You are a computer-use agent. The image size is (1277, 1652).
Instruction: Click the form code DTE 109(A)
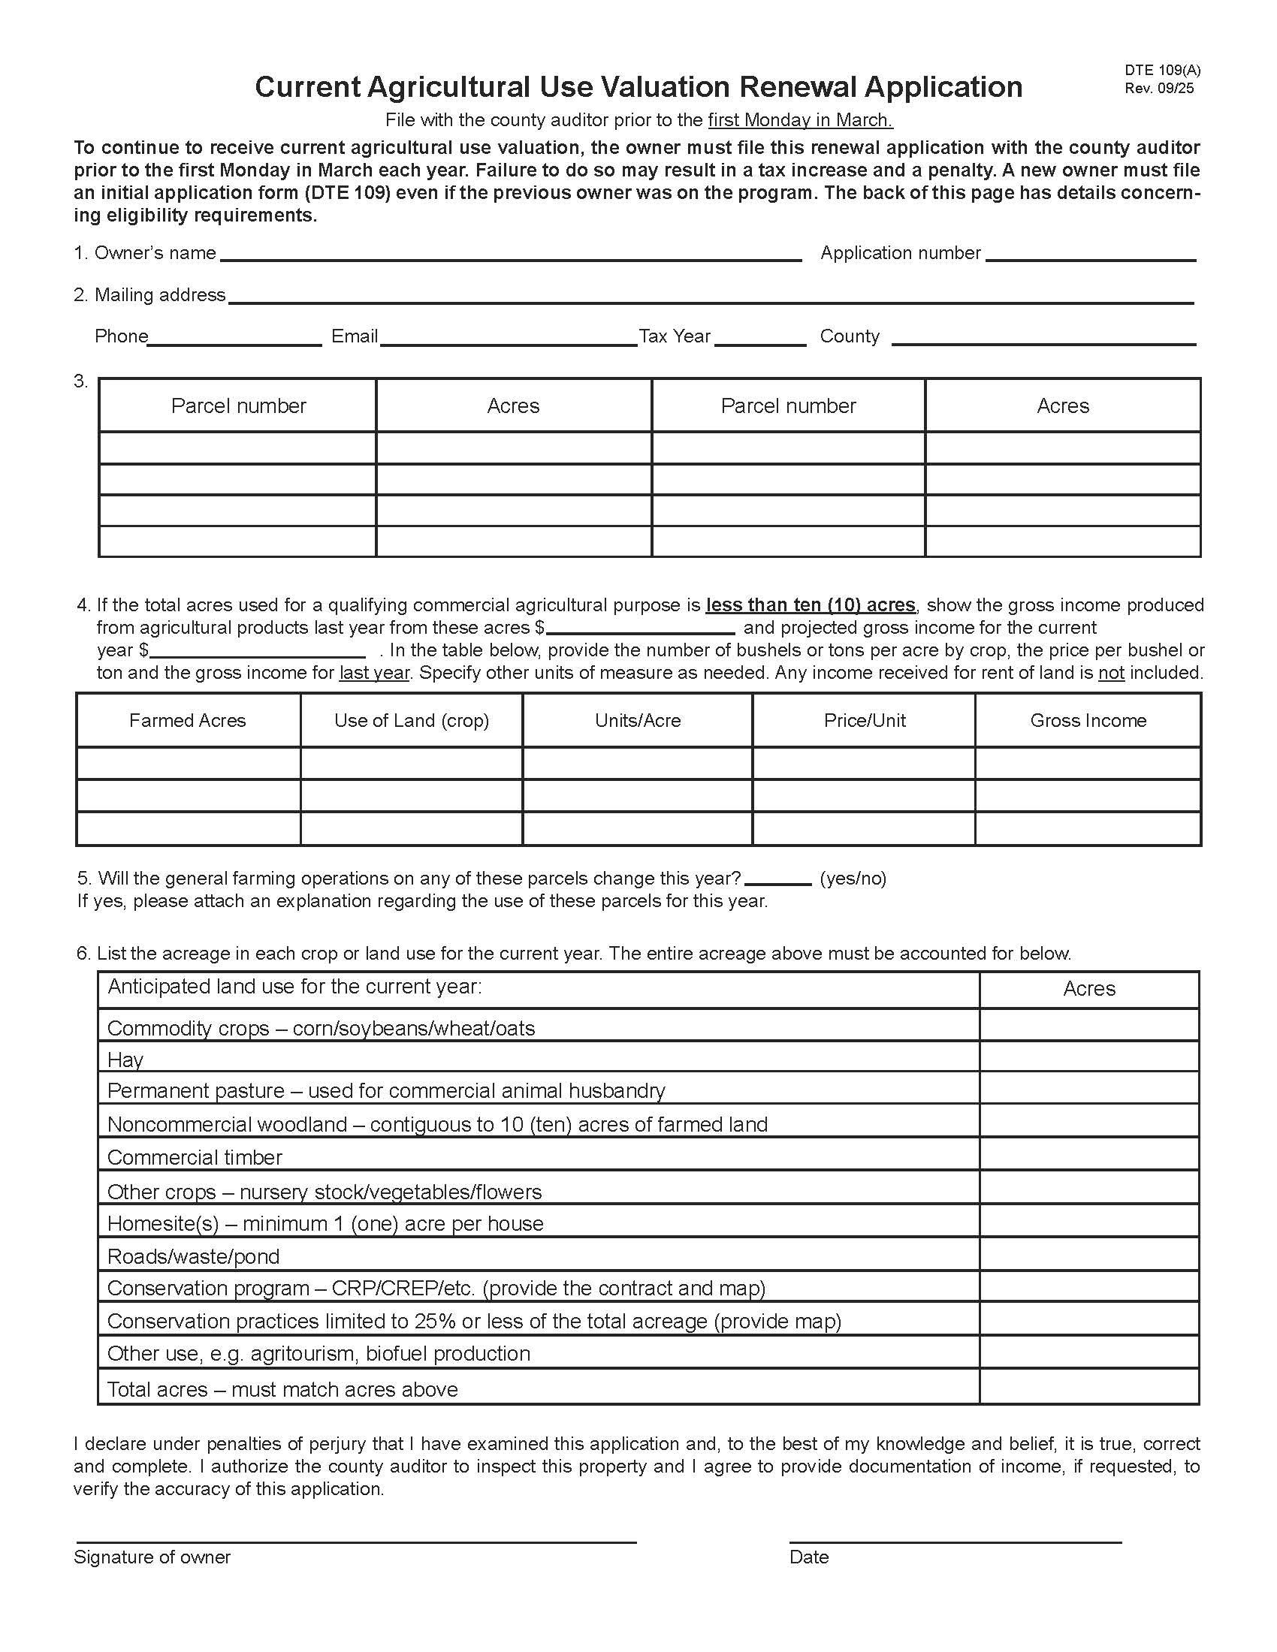pyautogui.click(x=1162, y=71)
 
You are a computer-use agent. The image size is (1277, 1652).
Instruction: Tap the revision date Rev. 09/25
pyautogui.click(x=1158, y=88)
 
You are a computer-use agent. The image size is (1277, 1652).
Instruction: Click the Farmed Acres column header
pyautogui.click(x=188, y=721)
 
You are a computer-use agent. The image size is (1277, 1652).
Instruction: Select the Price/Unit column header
pyautogui.click(x=864, y=721)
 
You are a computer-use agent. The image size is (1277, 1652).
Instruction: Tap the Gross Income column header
pyautogui.click(x=1088, y=721)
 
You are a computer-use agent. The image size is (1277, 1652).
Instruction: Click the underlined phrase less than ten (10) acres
pyautogui.click(x=811, y=605)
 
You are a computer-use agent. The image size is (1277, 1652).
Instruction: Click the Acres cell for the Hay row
pyautogui.click(x=1088, y=1057)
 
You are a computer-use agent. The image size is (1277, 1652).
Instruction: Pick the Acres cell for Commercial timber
pyautogui.click(x=1088, y=1154)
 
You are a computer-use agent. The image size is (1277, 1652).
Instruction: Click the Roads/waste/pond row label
pyautogui.click(x=194, y=1256)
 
